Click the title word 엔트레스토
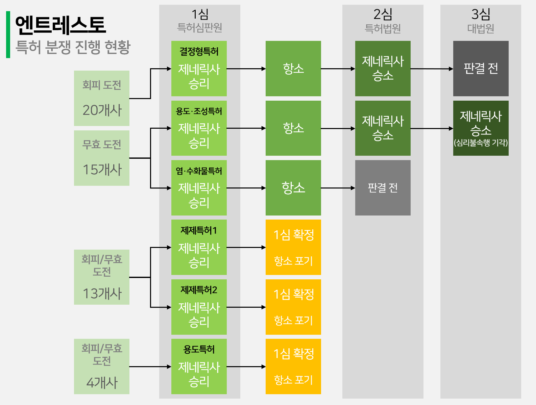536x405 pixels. (60, 25)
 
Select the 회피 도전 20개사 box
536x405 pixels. (102, 98)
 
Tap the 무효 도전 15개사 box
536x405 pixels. (102, 158)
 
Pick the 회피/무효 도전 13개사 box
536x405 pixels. (102, 277)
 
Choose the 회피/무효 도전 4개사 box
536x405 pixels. (102, 366)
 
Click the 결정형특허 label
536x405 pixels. (199, 52)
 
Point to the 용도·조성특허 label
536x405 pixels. (199, 111)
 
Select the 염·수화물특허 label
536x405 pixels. (199, 171)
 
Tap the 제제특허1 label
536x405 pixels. (199, 230)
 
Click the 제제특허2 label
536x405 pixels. (199, 290)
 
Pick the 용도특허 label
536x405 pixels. (199, 349)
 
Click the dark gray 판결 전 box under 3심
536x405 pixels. (481, 69)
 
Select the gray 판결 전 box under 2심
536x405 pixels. (383, 188)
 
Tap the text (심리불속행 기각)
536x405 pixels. (481, 143)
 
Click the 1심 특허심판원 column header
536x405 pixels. (200, 20)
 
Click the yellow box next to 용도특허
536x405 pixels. (293, 366)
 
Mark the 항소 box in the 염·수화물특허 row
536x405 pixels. (293, 188)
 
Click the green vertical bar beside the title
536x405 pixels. (8, 34)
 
